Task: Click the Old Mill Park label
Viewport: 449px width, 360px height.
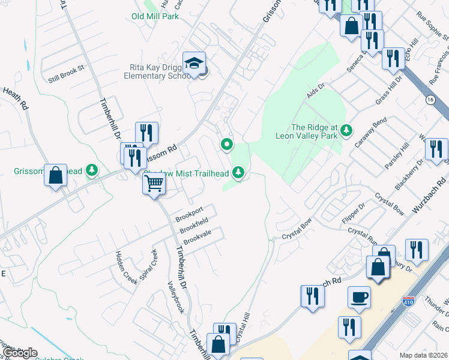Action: click(x=155, y=16)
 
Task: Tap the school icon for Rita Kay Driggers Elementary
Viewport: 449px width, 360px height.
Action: click(x=194, y=63)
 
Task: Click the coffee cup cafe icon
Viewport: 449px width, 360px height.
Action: click(x=359, y=297)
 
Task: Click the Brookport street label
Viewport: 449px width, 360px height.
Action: click(x=189, y=213)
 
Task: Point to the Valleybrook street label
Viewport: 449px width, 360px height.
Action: click(x=175, y=296)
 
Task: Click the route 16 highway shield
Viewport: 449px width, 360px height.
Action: click(x=430, y=99)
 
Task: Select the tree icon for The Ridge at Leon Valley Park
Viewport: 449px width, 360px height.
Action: click(x=346, y=130)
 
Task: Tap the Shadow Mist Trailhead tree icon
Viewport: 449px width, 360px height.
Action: click(x=239, y=173)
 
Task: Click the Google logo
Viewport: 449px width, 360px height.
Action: click(x=19, y=353)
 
